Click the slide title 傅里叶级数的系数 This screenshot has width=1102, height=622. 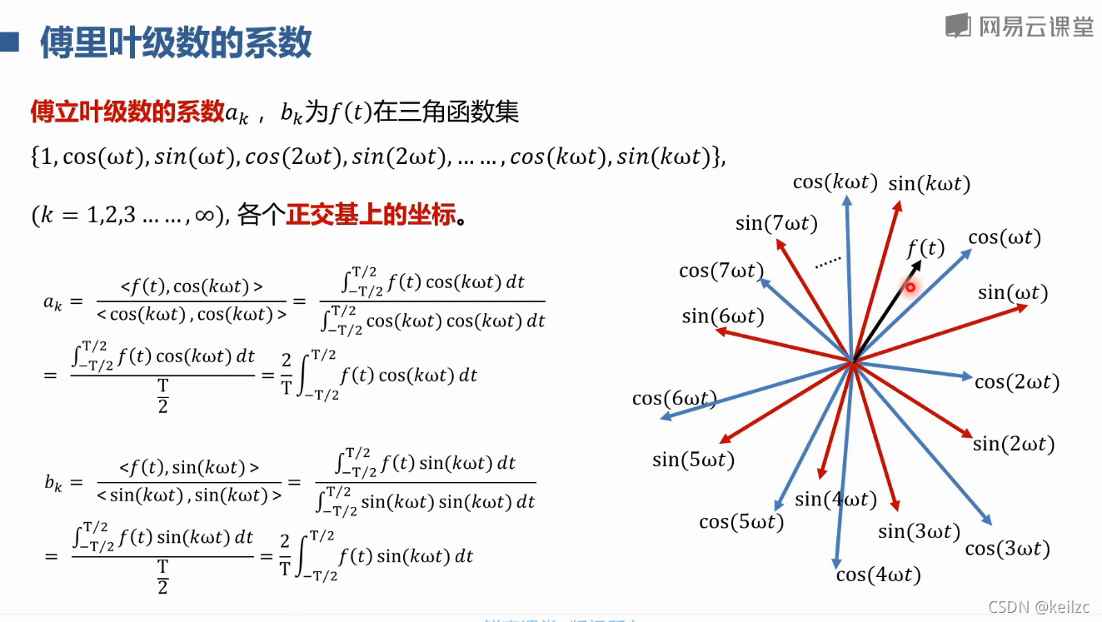pos(176,42)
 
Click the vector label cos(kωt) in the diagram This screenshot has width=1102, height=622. pos(835,182)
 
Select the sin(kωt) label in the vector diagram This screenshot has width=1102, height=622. pos(929,184)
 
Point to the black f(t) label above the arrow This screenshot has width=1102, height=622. pos(925,248)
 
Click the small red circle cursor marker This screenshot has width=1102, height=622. pos(910,288)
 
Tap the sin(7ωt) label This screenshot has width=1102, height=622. pos(776,223)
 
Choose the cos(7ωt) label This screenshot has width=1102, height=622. pos(721,271)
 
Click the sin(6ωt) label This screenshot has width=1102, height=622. pos(722,316)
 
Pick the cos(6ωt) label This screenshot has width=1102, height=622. pos(675,398)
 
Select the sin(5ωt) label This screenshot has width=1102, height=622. pos(693,460)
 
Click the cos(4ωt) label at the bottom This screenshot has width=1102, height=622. pos(878,575)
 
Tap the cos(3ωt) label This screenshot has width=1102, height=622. pos(1007,549)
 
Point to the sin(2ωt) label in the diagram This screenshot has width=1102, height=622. pos(1014,444)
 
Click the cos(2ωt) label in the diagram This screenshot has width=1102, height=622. pos(1016,382)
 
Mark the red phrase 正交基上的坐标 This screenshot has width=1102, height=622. pos(371,216)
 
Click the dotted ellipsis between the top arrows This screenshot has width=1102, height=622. pos(827,262)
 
